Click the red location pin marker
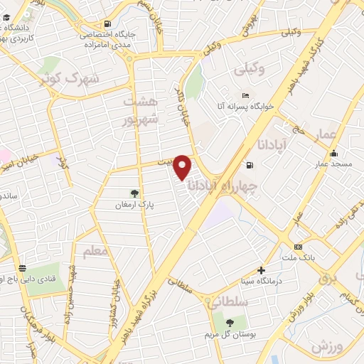[x=183, y=166]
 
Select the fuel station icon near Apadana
[x=249, y=166]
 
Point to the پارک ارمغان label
[x=135, y=205]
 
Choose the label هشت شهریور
[x=138, y=110]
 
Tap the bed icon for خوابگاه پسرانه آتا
[x=245, y=96]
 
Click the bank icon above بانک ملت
[x=297, y=247]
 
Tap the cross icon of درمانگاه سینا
[x=262, y=270]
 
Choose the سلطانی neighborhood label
[x=227, y=302]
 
